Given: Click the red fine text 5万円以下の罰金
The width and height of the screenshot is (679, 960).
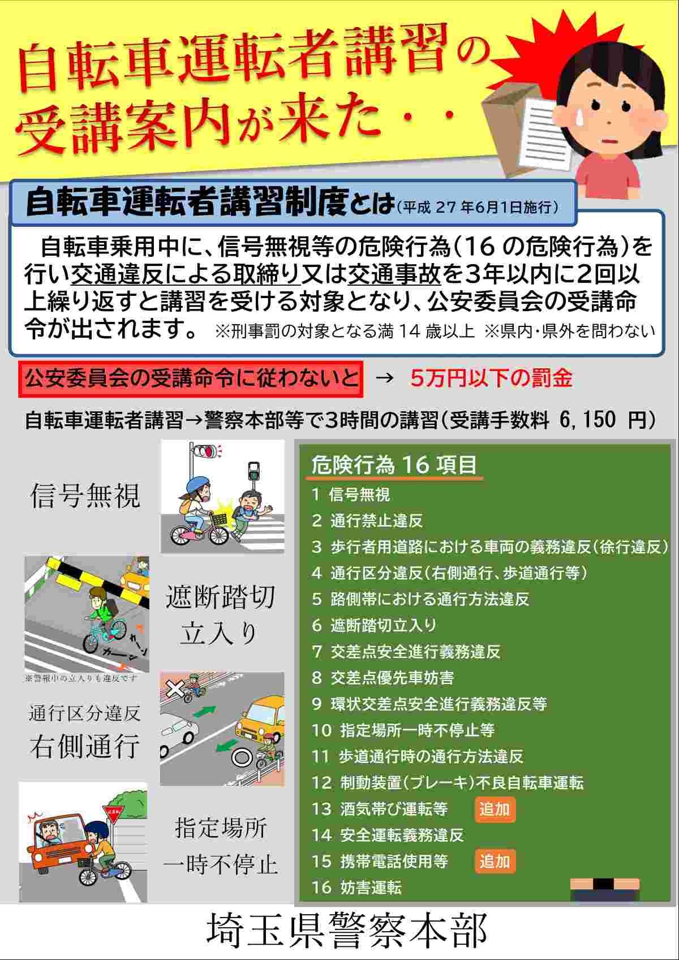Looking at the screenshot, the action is click(491, 378).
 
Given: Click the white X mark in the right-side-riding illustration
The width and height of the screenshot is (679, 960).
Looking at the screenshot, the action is click(175, 689).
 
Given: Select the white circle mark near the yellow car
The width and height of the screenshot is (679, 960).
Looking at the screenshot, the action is click(240, 758).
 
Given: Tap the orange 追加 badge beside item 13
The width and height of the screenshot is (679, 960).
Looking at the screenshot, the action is click(495, 810).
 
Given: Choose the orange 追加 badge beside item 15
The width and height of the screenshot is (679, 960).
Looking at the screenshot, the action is click(495, 862).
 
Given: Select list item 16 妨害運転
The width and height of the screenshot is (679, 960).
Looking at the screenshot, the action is click(356, 888).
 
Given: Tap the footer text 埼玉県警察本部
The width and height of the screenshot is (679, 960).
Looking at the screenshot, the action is click(347, 930).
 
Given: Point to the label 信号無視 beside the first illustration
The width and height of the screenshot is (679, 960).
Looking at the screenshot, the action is click(85, 496).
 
